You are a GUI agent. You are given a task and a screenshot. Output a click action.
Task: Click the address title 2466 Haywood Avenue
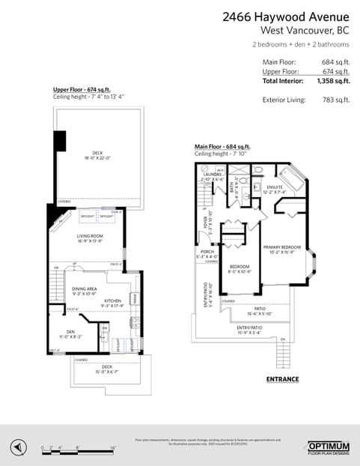pyautogui.click(x=287, y=16)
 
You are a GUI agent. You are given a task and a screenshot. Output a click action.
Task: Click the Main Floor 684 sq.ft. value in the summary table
pyautogui.click(x=334, y=62)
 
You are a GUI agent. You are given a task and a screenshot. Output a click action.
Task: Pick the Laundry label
pyautogui.click(x=213, y=175)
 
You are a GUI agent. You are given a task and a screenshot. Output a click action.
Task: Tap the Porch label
pyautogui.click(x=206, y=252)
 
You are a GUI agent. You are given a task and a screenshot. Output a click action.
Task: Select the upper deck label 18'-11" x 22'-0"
pyautogui.click(x=97, y=158)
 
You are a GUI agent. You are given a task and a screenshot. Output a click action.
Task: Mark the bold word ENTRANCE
pyautogui.click(x=282, y=379)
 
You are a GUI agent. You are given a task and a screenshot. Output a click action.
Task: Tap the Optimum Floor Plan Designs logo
pyautogui.click(x=329, y=447)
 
